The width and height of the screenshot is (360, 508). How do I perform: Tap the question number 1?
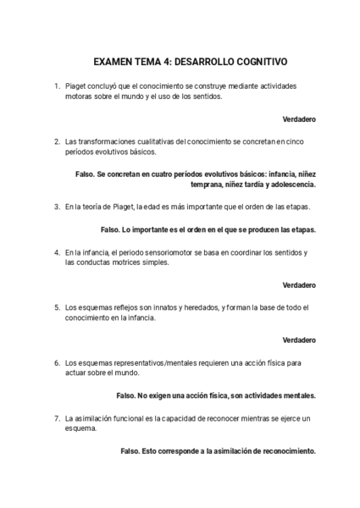56,87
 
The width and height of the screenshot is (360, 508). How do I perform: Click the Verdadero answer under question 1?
299,119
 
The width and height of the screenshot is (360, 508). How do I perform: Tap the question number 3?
56,206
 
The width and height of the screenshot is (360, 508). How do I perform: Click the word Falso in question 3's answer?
111,229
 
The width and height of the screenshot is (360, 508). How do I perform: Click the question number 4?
56,251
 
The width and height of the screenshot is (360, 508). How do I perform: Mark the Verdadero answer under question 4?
299,284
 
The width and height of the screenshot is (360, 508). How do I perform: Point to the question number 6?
56,362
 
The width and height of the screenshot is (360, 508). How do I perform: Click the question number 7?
56,417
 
